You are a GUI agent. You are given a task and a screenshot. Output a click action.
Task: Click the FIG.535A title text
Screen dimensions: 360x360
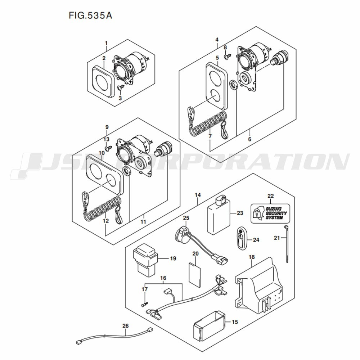tap(90, 15)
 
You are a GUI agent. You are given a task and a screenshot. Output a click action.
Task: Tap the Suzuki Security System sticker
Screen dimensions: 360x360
tap(270, 213)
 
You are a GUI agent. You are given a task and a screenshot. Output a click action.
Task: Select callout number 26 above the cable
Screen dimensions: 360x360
tap(126, 326)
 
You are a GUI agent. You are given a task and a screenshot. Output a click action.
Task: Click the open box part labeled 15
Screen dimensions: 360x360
tap(208, 326)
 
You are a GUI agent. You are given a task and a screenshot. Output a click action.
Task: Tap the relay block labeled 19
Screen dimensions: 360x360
tap(145, 260)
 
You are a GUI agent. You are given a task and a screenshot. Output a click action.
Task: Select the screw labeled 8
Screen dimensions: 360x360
tap(227, 57)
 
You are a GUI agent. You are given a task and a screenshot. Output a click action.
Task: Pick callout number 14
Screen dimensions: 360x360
tap(198, 195)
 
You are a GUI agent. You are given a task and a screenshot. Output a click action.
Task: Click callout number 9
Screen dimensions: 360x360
tap(107, 127)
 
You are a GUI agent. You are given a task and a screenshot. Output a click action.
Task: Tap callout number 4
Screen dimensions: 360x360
tap(217, 40)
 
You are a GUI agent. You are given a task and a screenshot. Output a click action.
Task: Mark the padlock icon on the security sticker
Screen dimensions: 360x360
tap(257, 213)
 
